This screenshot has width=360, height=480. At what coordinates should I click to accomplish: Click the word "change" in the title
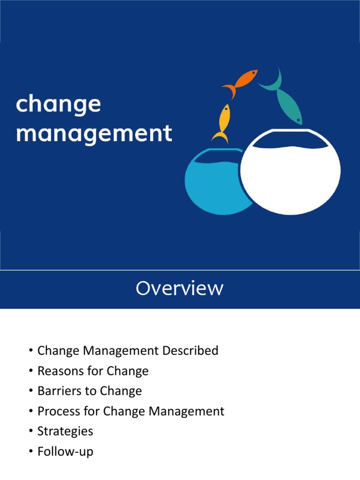click(58, 104)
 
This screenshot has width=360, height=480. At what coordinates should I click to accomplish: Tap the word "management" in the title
click(94, 133)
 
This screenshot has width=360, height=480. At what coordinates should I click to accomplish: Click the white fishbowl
click(290, 173)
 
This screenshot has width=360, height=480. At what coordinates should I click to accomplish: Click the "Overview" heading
click(180, 288)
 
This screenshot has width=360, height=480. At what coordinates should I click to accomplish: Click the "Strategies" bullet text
click(65, 432)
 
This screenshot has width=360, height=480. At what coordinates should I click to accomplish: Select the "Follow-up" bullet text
click(65, 452)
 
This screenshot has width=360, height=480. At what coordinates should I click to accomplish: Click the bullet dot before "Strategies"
click(30, 432)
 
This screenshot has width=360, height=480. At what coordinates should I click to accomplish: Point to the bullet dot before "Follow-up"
click(30, 452)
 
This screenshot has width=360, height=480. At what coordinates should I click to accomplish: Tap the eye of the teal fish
click(298, 120)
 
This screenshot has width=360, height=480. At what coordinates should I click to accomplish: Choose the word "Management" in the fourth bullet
click(187, 412)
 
